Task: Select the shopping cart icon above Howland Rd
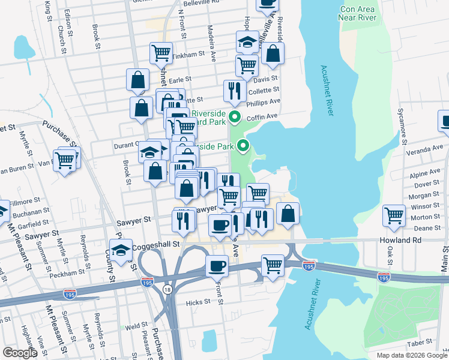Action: [394, 215]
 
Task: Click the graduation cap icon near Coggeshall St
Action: [121, 251]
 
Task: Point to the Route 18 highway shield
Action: [167, 289]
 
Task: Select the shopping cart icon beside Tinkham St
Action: [161, 53]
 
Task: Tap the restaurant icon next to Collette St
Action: [233, 91]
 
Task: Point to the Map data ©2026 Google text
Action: [412, 355]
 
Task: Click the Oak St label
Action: [390, 255]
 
